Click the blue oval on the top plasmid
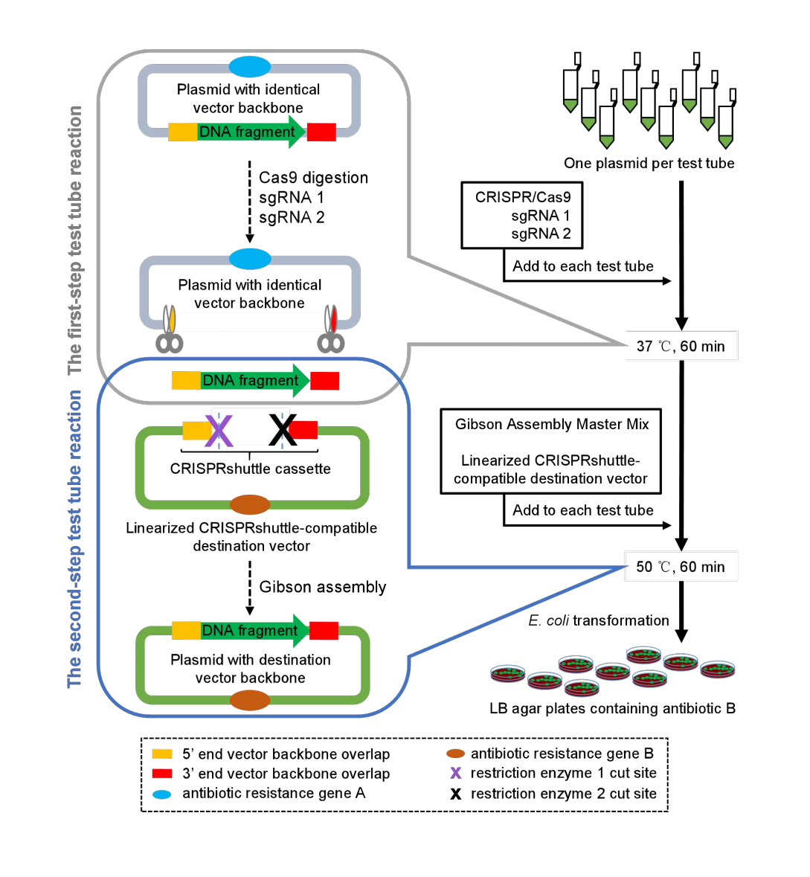tap(249, 66)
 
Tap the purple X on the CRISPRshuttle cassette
tap(219, 430)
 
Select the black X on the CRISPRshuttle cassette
tap(283, 430)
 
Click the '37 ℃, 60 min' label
tap(681, 346)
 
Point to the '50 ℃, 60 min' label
tap(681, 567)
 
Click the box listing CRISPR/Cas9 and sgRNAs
tap(522, 215)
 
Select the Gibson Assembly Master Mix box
tap(551, 452)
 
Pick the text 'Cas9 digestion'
tap(313, 178)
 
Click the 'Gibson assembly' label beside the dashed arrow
tap(323, 587)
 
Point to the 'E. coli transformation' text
tap(599, 620)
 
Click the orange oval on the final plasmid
tap(250, 700)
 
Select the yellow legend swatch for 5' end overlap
tap(161, 754)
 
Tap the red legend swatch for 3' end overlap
tap(161, 774)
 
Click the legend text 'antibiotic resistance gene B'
tap(562, 754)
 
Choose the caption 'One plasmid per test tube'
tap(649, 164)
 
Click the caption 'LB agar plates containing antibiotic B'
tap(613, 709)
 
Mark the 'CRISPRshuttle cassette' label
tap(250, 469)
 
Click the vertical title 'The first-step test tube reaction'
tap(74, 240)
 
